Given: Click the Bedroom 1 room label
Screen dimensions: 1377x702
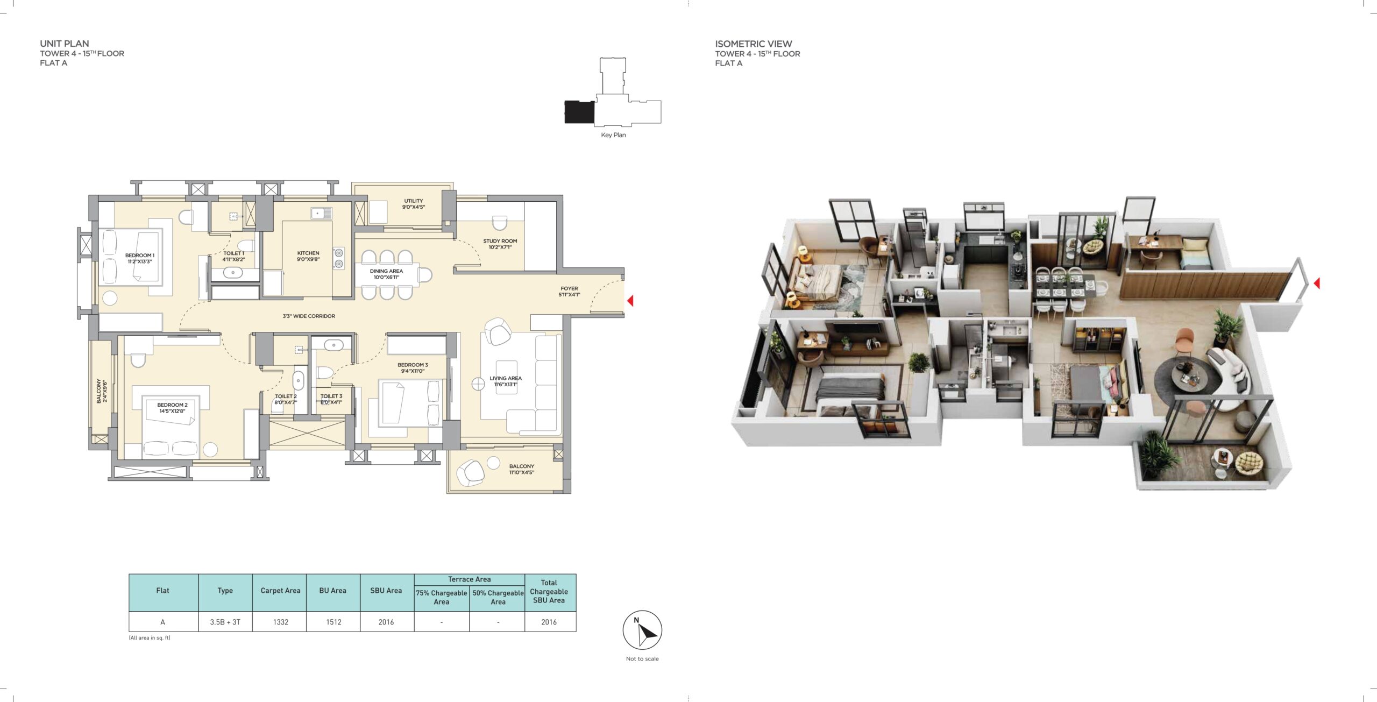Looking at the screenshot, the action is click(140, 259).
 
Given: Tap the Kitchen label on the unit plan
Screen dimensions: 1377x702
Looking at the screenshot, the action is click(308, 256).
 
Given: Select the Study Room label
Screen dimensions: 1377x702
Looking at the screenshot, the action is click(500, 244).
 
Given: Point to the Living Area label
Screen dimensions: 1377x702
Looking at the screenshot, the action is click(505, 381).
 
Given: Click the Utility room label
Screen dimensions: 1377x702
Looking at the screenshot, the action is click(414, 204).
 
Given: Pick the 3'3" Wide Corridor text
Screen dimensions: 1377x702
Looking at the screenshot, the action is click(309, 316).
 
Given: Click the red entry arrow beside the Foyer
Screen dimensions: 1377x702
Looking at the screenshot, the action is click(630, 301).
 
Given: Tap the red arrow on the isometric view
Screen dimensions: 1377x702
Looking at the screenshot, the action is click(1317, 282).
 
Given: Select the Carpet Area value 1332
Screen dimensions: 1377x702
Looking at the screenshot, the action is click(280, 622).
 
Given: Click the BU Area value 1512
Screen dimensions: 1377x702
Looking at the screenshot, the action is click(333, 622).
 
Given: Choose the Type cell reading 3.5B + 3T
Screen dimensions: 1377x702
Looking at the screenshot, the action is click(225, 622).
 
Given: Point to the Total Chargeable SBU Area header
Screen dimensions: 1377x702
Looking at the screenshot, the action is click(549, 591).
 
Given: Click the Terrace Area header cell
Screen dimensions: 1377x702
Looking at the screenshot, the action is click(469, 579).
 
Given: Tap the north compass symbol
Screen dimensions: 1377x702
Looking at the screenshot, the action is click(642, 630).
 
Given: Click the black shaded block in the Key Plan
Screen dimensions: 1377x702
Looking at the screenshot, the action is click(579, 111).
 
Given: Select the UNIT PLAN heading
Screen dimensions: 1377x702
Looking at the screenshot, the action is click(65, 44).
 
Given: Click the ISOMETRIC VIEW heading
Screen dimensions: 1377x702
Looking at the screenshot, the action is click(753, 44).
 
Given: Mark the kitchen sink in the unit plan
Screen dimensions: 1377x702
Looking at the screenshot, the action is click(321, 213).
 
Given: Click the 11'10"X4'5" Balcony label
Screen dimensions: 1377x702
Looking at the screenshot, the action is click(521, 470).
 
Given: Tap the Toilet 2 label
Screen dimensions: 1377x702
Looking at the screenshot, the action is click(286, 399).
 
